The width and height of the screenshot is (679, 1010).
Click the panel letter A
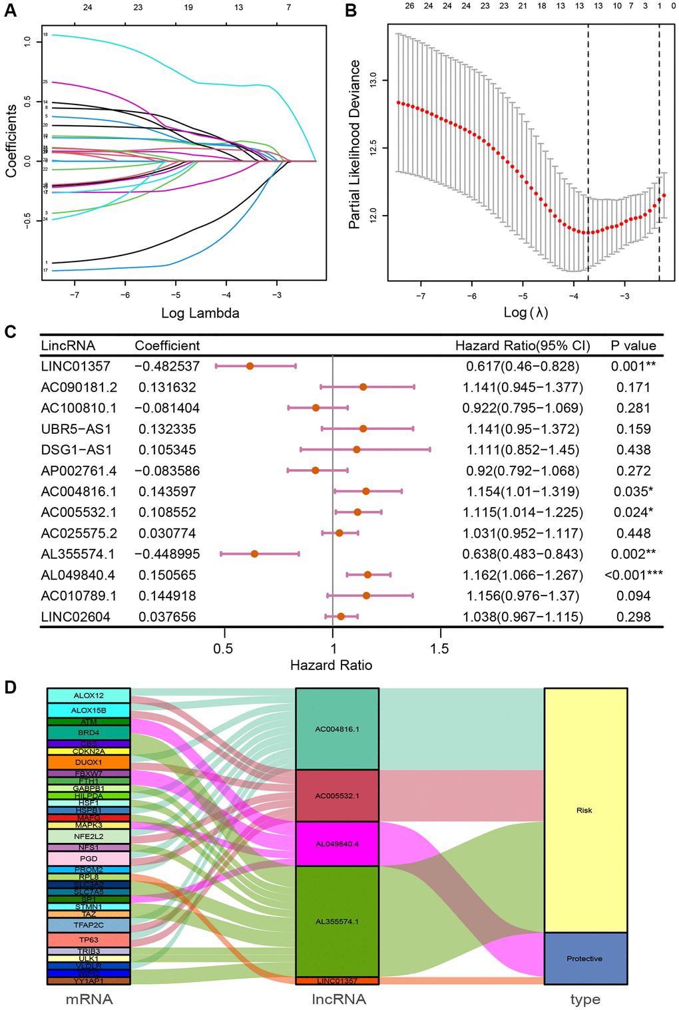point(10,10)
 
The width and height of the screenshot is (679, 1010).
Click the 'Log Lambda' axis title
point(200,313)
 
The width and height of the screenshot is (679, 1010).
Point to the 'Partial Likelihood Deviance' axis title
point(355,144)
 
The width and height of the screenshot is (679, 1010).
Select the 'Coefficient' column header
point(167,345)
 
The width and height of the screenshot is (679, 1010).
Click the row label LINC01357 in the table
point(76,366)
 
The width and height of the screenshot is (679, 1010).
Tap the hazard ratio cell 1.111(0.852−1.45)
point(523,450)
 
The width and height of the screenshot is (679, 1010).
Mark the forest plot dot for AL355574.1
point(254,554)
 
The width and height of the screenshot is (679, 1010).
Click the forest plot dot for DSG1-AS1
point(357,450)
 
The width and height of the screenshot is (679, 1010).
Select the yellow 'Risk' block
point(585,810)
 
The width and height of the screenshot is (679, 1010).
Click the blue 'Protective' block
point(585,958)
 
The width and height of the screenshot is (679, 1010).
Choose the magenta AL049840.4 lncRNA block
point(337,844)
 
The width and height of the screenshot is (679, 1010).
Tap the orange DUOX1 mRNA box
point(89,762)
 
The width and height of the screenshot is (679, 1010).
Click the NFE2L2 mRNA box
point(89,836)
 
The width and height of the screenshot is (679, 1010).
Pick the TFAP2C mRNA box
point(89,925)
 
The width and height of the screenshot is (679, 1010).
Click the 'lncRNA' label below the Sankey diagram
point(338,999)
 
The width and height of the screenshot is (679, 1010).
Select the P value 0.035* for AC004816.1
point(632,492)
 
